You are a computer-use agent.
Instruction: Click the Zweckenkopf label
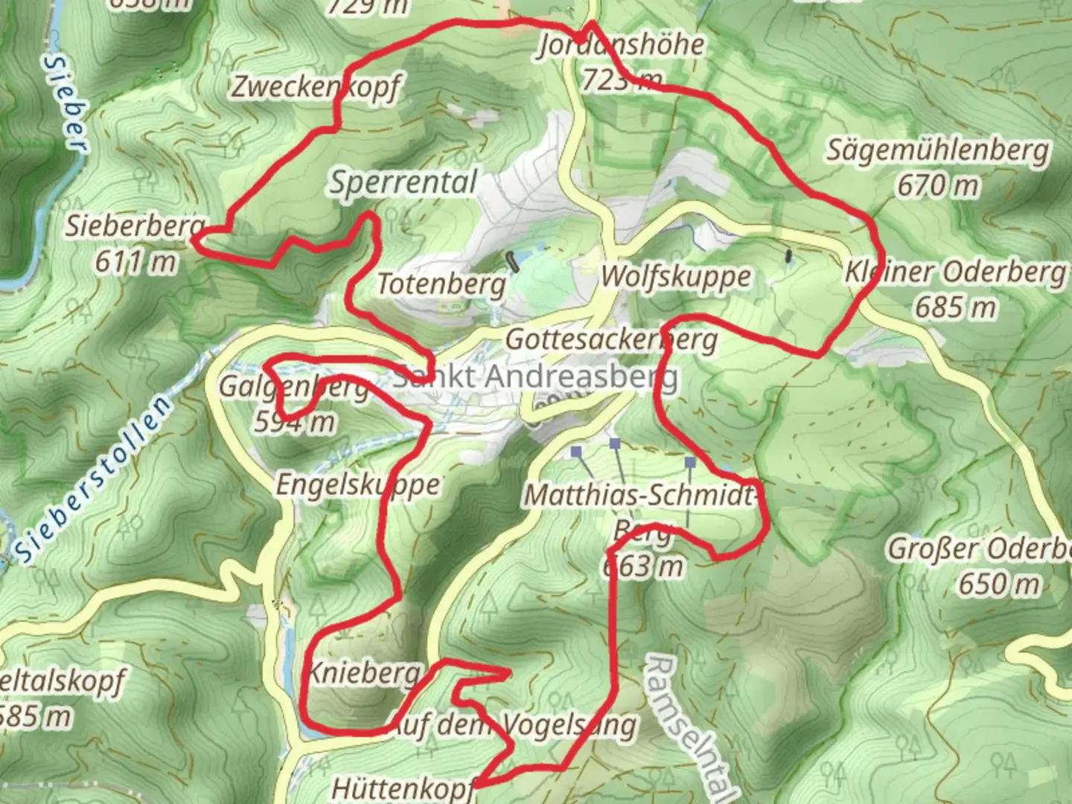316,87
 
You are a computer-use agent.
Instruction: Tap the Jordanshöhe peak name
621,45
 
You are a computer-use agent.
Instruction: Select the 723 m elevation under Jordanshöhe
621,79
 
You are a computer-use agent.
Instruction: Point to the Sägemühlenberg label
938,151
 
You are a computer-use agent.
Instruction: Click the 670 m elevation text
937,185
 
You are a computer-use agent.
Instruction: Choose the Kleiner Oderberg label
955,272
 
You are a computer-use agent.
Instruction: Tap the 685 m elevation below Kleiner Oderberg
955,307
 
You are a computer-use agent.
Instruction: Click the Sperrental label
403,182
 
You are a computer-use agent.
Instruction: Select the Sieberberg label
135,226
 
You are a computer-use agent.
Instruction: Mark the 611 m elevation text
136,261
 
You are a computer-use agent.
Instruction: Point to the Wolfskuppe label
676,276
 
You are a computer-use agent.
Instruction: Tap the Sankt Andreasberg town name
535,377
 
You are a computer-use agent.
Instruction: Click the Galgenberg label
293,387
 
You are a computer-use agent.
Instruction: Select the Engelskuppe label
358,485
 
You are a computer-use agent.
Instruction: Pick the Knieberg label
363,673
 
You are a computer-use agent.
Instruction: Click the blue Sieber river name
66,103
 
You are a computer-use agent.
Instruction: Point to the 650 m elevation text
998,584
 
